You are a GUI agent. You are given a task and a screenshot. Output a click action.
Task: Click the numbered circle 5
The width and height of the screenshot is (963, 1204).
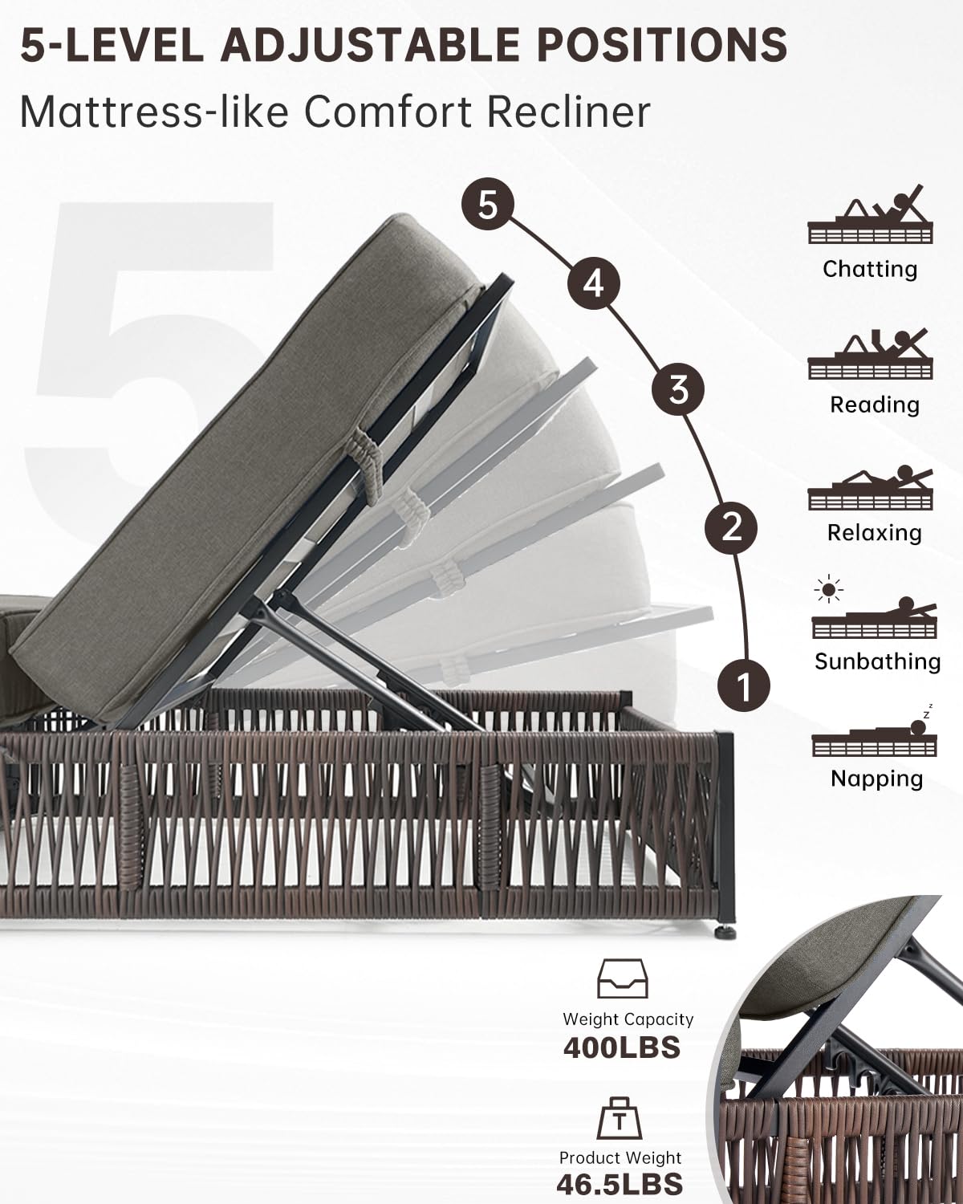(488, 204)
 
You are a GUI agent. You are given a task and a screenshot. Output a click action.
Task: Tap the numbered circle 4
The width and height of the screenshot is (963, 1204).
(594, 283)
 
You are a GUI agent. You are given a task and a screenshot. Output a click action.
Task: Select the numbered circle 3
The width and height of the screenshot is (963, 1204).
(678, 389)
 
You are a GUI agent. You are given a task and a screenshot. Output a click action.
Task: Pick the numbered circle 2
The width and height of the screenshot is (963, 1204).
(731, 527)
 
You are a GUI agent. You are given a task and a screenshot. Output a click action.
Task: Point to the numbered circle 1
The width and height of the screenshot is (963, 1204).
(744, 685)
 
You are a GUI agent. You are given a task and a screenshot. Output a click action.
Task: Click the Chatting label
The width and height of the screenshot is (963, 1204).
(870, 269)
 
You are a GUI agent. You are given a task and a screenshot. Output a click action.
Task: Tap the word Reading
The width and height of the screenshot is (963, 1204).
(875, 405)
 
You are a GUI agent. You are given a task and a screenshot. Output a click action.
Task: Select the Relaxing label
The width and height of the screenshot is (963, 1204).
(875, 533)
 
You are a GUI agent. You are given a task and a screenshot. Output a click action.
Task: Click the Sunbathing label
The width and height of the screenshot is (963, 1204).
(877, 661)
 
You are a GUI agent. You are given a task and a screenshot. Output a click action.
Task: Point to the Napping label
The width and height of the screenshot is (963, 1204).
(877, 779)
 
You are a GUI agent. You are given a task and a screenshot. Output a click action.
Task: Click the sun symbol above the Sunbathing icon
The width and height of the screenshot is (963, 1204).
(829, 590)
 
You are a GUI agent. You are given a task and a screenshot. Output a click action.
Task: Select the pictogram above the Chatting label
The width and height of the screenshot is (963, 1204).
(870, 214)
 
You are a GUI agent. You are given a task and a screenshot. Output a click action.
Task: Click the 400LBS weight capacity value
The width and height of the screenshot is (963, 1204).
(622, 1047)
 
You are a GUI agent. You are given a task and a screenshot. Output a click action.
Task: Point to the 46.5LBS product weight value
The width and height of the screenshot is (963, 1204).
(620, 1184)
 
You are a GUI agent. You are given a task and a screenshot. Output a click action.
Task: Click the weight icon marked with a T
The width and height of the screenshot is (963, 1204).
(620, 1118)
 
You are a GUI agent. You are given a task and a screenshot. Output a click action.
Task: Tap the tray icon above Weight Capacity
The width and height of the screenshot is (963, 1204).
(622, 978)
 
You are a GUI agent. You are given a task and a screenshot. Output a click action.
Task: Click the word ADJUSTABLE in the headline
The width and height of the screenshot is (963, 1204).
(370, 45)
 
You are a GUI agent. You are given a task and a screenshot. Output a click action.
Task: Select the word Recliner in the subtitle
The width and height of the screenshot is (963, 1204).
(568, 112)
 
